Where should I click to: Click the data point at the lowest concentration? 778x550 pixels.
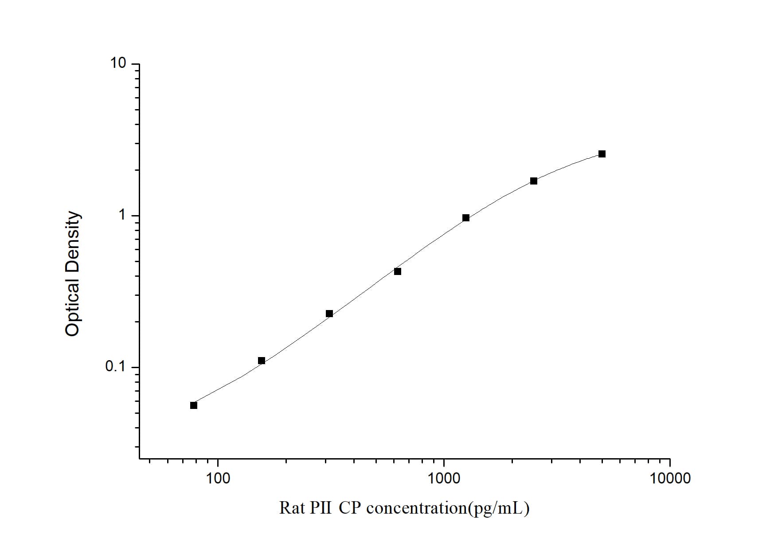click(x=194, y=405)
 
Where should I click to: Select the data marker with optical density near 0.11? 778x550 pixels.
click(x=262, y=361)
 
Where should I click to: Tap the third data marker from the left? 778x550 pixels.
click(x=329, y=314)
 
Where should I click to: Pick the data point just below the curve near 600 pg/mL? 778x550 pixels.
click(x=398, y=271)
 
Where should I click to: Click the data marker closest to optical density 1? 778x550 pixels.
click(x=466, y=218)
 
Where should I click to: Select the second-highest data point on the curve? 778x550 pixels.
click(x=534, y=181)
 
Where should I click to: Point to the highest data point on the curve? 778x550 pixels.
click(x=602, y=154)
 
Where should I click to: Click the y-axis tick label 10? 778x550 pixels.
click(x=118, y=63)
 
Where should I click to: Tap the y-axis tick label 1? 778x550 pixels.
click(x=122, y=216)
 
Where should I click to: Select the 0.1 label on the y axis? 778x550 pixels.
click(x=116, y=367)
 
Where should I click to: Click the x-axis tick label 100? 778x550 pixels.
click(x=218, y=479)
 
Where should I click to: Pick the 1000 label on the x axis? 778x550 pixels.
click(x=444, y=479)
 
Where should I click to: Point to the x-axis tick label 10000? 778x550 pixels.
click(x=670, y=479)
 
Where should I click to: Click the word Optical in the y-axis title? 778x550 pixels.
click(x=72, y=303)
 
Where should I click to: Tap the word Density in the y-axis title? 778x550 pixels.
click(x=72, y=238)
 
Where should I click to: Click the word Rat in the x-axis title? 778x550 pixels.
click(x=292, y=508)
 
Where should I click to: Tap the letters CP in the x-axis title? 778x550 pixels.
click(x=350, y=508)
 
